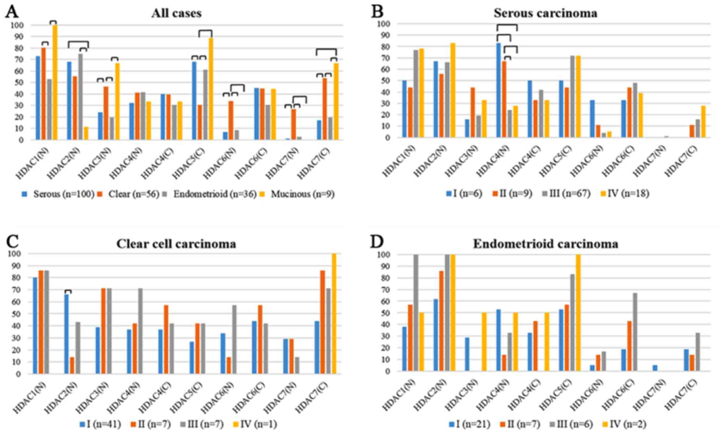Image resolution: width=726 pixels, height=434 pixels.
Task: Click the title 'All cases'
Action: click(176, 13)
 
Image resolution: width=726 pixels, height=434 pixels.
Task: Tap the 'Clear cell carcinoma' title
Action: click(176, 244)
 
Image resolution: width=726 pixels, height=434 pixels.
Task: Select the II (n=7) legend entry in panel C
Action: click(150, 424)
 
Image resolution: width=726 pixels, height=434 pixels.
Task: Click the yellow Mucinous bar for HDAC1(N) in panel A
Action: click(55, 82)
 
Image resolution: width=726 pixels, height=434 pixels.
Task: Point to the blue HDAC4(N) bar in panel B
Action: click(499, 90)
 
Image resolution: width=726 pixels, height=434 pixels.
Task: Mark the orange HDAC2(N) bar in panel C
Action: click(72, 365)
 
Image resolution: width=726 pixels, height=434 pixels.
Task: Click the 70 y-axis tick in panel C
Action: click(16, 290)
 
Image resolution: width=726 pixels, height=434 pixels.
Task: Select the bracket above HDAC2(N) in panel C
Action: click(68, 291)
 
